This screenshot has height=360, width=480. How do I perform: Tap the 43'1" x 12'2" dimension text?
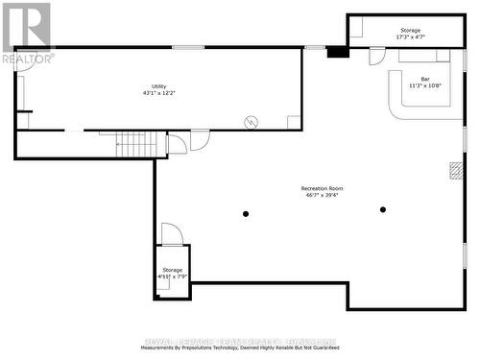(x=158, y=93)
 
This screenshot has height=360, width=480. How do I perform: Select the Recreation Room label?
(x=322, y=188)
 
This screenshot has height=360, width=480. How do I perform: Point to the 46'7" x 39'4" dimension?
(x=322, y=196)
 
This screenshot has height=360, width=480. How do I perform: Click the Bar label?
(x=417, y=79)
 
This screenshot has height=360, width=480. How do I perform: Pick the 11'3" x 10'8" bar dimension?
(x=417, y=85)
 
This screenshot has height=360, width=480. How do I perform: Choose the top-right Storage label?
(x=410, y=31)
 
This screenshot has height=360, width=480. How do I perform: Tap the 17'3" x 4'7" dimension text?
(x=410, y=37)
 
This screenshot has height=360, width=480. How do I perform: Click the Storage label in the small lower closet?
(x=172, y=270)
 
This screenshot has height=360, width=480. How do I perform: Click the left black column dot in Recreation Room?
(x=246, y=213)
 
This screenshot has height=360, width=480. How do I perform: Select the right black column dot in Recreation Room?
(x=382, y=209)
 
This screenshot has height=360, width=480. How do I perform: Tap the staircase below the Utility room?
(x=135, y=144)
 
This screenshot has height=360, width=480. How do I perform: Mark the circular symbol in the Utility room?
(x=252, y=121)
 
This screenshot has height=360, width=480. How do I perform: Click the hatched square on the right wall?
(x=455, y=170)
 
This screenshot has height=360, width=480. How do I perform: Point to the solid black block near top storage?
(x=337, y=51)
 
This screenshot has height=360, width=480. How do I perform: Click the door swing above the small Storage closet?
(x=171, y=233)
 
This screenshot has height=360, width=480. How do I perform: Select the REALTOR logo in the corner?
(x=27, y=31)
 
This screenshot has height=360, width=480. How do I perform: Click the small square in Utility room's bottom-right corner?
(x=294, y=122)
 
